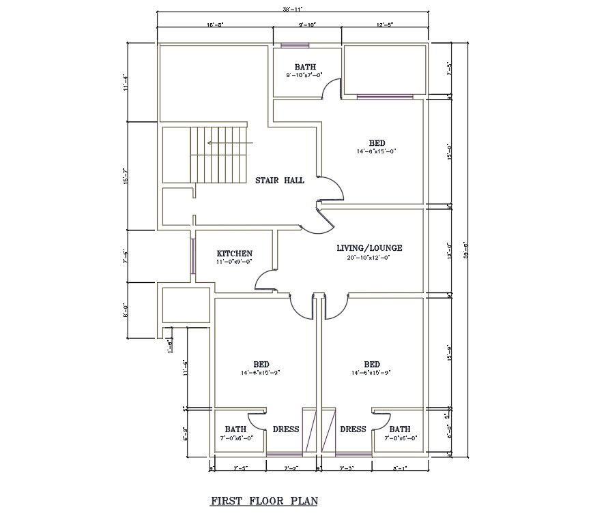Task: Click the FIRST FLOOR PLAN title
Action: pyautogui.click(x=264, y=501)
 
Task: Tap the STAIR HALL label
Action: pyautogui.click(x=279, y=181)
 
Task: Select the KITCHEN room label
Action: pyautogui.click(x=235, y=253)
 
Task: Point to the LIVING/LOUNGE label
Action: pyautogui.click(x=369, y=248)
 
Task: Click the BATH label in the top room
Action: pyautogui.click(x=305, y=67)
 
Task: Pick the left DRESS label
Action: pyautogui.click(x=286, y=429)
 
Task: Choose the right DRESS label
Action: pyautogui.click(x=353, y=429)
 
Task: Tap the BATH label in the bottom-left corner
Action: pyautogui.click(x=235, y=429)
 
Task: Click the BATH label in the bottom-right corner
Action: pyautogui.click(x=400, y=429)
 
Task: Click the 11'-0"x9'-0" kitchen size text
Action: pyautogui.click(x=235, y=262)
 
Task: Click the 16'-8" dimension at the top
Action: pyautogui.click(x=215, y=25)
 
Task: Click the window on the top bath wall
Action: pyautogui.click(x=295, y=46)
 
